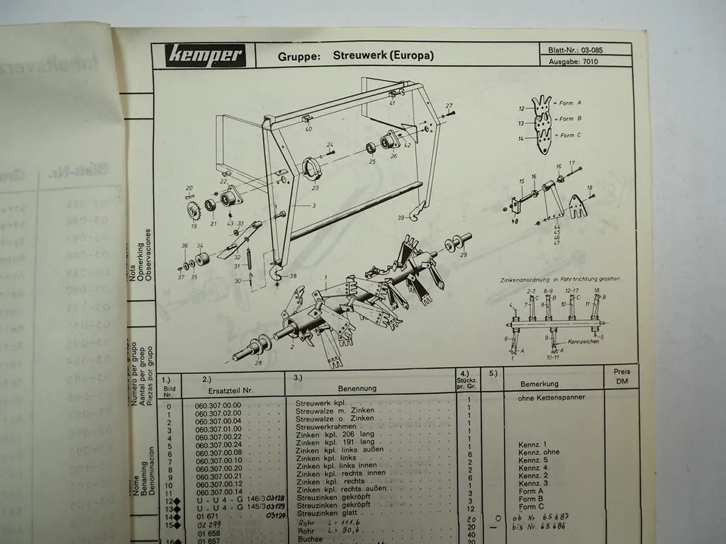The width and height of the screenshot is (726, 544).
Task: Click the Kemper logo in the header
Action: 206,55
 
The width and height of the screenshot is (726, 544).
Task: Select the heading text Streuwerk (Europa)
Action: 383,55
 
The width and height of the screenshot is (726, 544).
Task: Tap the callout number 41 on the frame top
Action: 391,103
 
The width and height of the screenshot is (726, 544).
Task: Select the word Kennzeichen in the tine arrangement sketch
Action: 582,341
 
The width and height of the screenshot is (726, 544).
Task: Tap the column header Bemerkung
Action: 539,384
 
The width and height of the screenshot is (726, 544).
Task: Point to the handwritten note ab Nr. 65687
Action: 544,517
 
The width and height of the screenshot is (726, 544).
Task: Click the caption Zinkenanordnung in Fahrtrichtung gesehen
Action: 563,279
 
